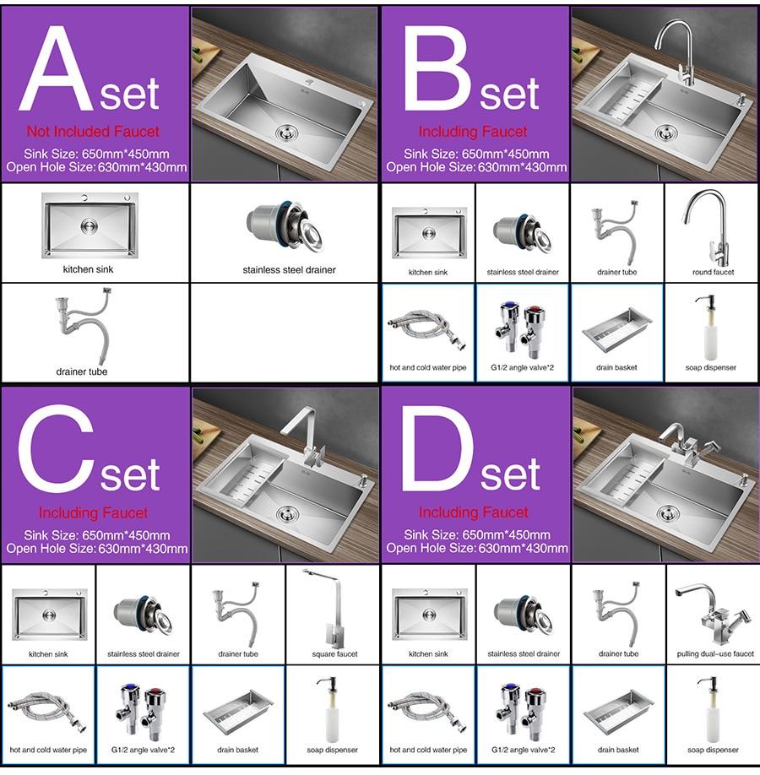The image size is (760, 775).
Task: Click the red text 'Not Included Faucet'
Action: [x=93, y=132]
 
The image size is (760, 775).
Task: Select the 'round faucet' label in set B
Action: [x=713, y=272]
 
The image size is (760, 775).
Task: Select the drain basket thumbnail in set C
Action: [x=238, y=710]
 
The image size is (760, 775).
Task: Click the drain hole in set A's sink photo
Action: [x=287, y=132]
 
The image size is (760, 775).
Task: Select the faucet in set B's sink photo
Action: [x=681, y=51]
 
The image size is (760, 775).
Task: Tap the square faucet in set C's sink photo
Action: [x=304, y=435]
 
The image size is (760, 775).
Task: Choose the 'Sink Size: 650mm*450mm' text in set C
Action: [x=97, y=535]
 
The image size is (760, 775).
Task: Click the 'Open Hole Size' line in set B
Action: [x=476, y=167]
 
